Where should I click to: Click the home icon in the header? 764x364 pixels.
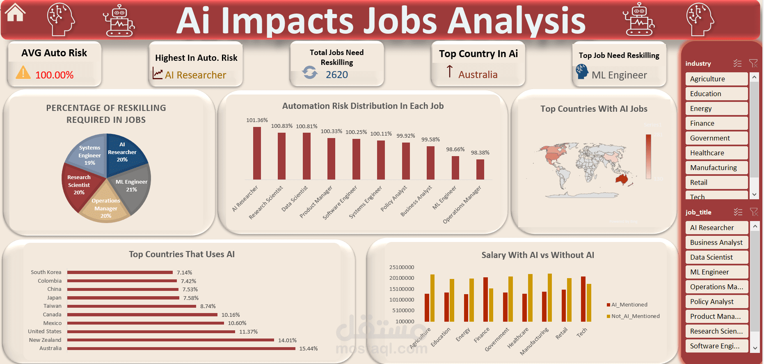click(15, 13)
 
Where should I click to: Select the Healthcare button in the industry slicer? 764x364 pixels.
click(716, 153)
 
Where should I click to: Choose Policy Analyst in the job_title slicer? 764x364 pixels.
click(716, 302)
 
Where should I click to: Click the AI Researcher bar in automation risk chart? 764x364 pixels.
click(257, 153)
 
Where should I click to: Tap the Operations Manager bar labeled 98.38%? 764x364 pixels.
click(480, 169)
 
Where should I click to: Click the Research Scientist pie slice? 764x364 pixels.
click(80, 184)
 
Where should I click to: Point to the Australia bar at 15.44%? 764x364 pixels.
click(181, 348)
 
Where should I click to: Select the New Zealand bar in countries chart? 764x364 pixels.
click(170, 340)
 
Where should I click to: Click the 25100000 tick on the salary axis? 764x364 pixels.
click(401, 267)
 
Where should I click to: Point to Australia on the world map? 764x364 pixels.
click(622, 179)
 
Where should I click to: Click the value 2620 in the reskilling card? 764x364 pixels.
click(336, 75)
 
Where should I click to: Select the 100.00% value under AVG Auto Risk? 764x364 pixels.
click(54, 75)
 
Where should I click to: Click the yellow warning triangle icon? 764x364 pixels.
click(23, 73)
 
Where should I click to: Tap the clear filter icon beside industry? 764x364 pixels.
click(753, 63)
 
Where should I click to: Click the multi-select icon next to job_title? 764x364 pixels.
click(738, 212)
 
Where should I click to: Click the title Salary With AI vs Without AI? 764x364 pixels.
click(538, 255)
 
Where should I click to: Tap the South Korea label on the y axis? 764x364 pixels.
click(46, 272)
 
